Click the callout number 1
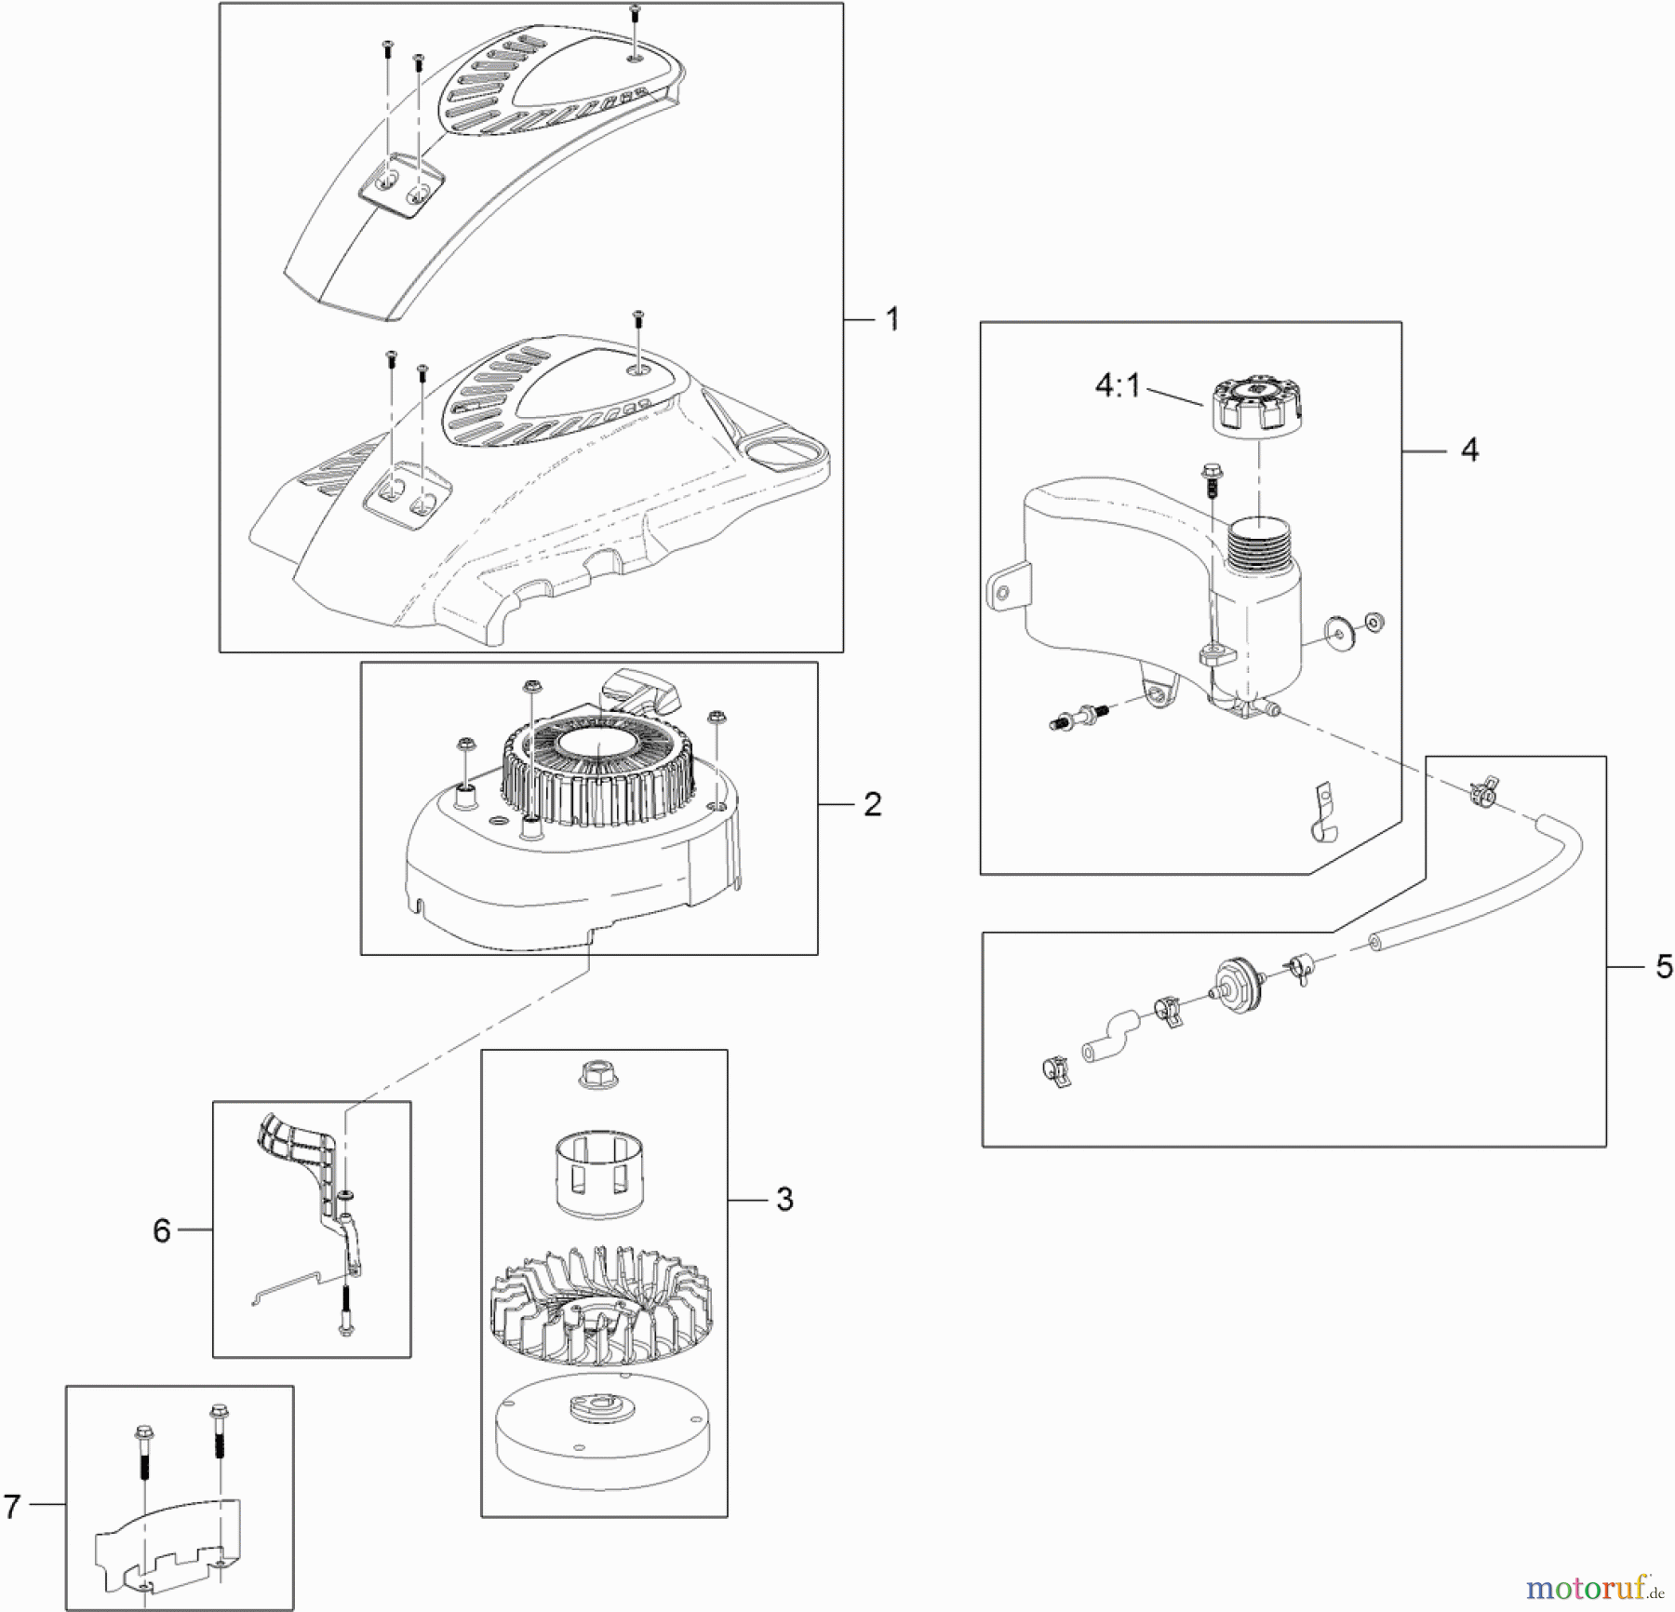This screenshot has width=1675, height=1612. (x=892, y=320)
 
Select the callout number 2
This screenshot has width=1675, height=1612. (x=872, y=804)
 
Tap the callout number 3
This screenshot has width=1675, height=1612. (x=784, y=1200)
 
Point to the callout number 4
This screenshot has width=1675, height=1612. (x=1469, y=450)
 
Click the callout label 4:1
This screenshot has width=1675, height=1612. (x=1117, y=384)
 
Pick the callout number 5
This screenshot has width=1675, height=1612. (x=1664, y=967)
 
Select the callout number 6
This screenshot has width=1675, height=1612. (x=162, y=1230)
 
